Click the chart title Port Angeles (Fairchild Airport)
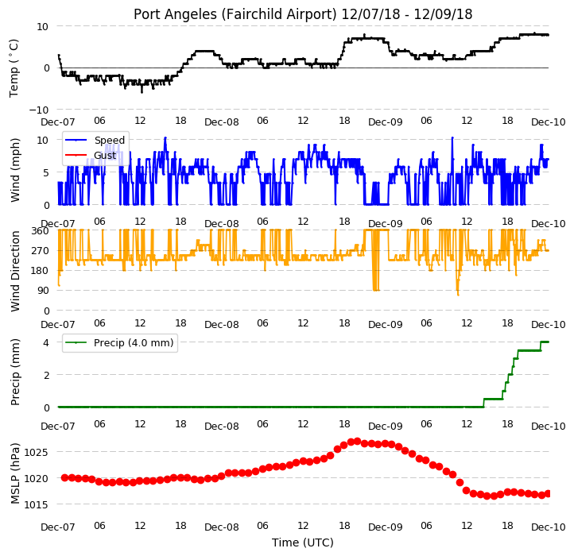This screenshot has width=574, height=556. coord(235,14)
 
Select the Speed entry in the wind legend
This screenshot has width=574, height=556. coord(110,140)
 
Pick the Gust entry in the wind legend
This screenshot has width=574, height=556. coord(105,156)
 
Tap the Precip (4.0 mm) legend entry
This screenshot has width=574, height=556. coord(134,343)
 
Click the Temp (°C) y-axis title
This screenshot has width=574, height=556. coord(14,68)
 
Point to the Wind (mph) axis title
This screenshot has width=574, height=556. coord(15,170)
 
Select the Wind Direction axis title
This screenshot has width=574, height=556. coord(15,271)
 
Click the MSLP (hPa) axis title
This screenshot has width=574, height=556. coord(15,473)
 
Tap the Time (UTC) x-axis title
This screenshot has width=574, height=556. coord(303,542)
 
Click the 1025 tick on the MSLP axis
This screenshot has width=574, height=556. coord(36,453)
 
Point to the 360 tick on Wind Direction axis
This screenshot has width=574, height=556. coord(40,231)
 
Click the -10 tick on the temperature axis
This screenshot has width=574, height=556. coord(38,110)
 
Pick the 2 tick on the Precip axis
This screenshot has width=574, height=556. coord(46,375)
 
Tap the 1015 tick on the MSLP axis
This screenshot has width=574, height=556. coord(36,505)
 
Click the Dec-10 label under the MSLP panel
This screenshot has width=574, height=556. coord(548,527)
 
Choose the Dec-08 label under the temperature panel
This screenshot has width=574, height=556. coord(222,122)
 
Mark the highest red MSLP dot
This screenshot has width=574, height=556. coord(357,441)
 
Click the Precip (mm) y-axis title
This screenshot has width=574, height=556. coord(15,373)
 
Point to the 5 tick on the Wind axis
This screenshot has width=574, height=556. coord(46,172)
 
